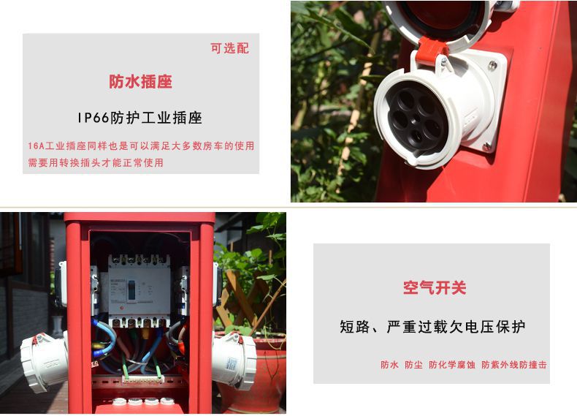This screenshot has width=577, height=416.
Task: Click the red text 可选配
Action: pos(229,48)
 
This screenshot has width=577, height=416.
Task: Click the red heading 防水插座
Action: pos(140,81)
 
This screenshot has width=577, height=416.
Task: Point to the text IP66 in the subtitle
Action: pos(93,118)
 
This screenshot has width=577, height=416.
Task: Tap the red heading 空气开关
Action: pos(435,288)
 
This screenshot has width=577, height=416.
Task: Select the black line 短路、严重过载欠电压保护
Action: pos(432,327)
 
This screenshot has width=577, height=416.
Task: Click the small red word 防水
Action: pos(390,365)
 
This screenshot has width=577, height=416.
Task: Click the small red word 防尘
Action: pos(413,365)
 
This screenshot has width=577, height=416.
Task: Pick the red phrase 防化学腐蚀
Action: pos(452,365)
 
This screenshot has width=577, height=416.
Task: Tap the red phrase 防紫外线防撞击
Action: pos(514,365)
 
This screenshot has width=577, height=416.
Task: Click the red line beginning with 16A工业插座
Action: pos(141,146)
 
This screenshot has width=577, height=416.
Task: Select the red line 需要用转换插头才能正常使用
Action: pos(96,162)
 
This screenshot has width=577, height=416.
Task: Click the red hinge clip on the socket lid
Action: pos(432,50)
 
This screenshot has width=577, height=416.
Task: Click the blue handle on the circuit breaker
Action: pos(131,290)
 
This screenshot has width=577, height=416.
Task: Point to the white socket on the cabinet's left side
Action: pos(43,361)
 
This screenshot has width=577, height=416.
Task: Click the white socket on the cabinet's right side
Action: pos(234,360)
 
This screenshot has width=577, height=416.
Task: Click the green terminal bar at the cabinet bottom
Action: pos(143,379)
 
